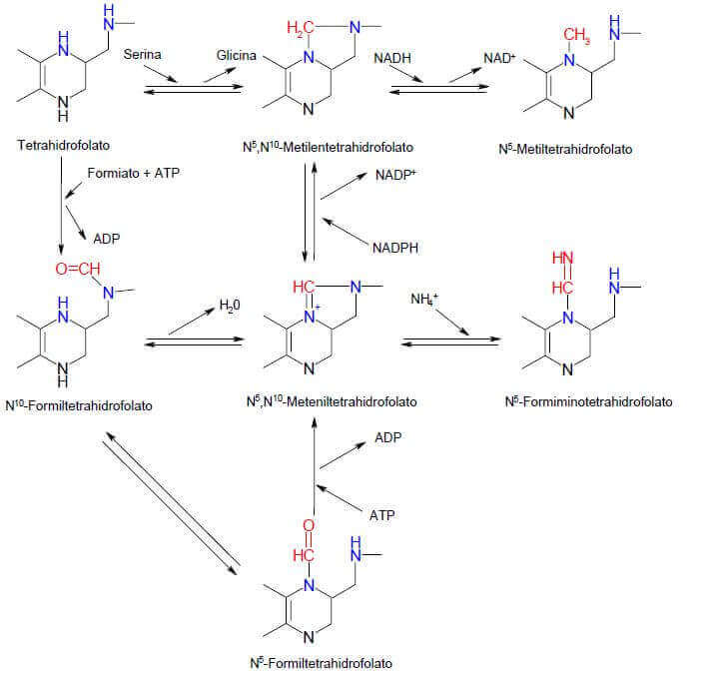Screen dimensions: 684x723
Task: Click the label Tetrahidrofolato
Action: (x=62, y=146)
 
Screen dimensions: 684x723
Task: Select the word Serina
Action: (x=143, y=57)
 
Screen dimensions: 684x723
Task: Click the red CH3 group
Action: (x=576, y=38)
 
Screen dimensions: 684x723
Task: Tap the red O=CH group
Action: (x=76, y=267)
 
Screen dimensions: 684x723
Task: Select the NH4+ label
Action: (x=426, y=299)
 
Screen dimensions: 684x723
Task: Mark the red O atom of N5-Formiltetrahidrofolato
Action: (x=308, y=524)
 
